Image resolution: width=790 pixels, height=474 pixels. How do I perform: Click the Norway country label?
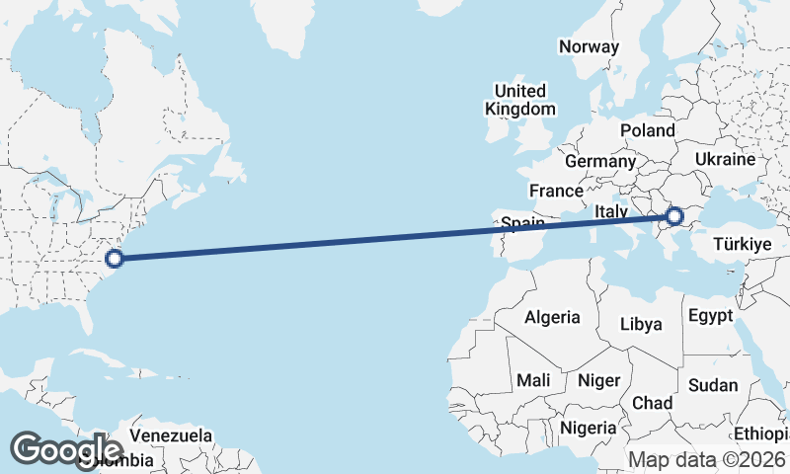click(589, 46)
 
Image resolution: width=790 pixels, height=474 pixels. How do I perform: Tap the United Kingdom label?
click(520, 100)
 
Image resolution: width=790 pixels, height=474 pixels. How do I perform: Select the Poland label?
click(647, 130)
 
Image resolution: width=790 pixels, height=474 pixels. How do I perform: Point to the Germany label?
click(600, 161)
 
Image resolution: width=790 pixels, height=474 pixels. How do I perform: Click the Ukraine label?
click(725, 159)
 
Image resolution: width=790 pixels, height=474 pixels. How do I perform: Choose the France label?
click(556, 191)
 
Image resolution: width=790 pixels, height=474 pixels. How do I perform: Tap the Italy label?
click(612, 212)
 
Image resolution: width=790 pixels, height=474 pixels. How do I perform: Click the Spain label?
click(522, 224)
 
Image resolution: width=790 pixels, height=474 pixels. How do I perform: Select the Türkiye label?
click(741, 244)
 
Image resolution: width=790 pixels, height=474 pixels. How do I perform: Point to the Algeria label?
click(552, 318)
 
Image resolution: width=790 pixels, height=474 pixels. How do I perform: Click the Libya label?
click(641, 324)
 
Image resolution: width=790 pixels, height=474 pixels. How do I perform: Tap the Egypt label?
click(710, 316)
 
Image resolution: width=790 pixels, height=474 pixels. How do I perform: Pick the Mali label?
click(533, 380)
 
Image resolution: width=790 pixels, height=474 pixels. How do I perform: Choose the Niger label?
click(597, 380)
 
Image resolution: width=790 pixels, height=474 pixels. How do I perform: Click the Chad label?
click(652, 403)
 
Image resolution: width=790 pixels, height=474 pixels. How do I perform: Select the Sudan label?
click(713, 385)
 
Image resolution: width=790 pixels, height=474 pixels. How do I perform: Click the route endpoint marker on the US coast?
click(114, 259)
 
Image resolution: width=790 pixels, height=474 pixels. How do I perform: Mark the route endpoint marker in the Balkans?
click(675, 215)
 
